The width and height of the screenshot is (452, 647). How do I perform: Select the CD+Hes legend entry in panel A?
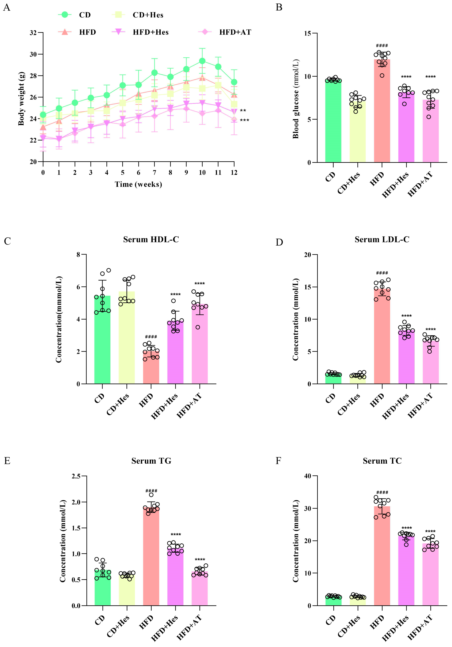(x=148, y=15)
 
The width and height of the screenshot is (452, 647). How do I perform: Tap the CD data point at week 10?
(x=202, y=61)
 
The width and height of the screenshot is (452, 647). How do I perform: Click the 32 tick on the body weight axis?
(x=33, y=33)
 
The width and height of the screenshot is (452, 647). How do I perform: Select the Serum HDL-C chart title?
(x=151, y=240)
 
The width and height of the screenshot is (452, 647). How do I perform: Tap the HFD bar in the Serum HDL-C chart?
(x=151, y=368)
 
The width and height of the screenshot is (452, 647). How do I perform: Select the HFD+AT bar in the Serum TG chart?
(x=200, y=589)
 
